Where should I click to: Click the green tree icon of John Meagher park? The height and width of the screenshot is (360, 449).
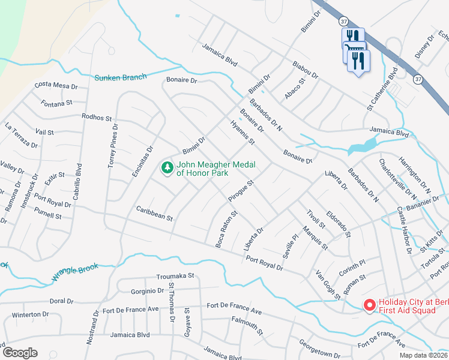(x=167, y=168)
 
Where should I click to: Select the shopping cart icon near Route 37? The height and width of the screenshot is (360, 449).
(x=354, y=50)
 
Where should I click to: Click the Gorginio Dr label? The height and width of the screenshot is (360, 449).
(x=147, y=291)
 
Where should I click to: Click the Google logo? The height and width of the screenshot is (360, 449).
(x=20, y=353)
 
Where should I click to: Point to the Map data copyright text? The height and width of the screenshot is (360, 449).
(x=423, y=355)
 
